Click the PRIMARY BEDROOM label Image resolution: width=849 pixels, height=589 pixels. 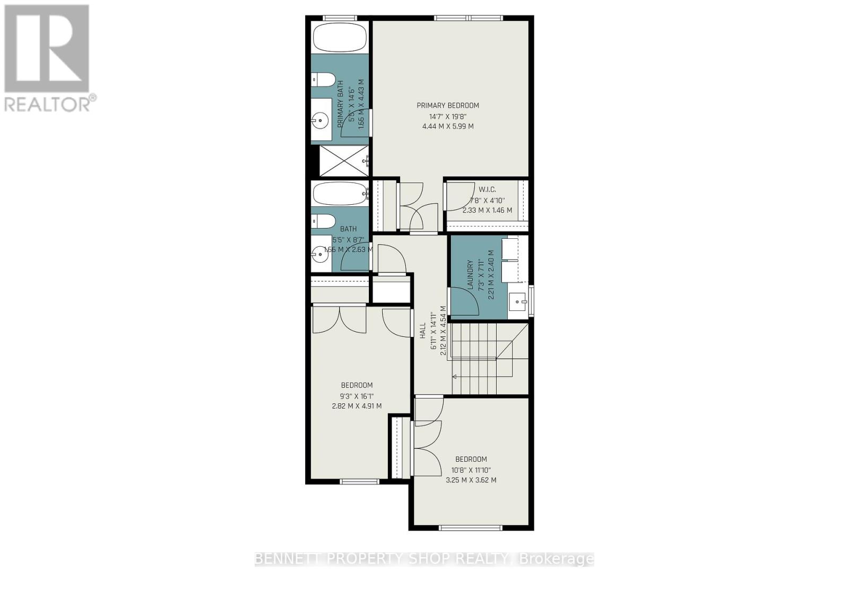(447, 106)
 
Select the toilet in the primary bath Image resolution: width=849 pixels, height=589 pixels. (323, 80)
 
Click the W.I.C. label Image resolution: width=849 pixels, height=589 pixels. (487, 189)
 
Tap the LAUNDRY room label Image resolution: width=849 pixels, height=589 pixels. (470, 275)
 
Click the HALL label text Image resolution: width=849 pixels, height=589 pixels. (423, 331)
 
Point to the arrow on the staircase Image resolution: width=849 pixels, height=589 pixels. (455, 377)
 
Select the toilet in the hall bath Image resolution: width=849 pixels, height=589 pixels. (323, 221)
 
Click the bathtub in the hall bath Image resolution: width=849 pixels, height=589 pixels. (340, 194)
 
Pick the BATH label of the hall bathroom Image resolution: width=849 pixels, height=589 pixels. (349, 229)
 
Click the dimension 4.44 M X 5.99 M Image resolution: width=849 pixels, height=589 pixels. (447, 126)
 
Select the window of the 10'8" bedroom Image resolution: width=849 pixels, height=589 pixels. (471, 527)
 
